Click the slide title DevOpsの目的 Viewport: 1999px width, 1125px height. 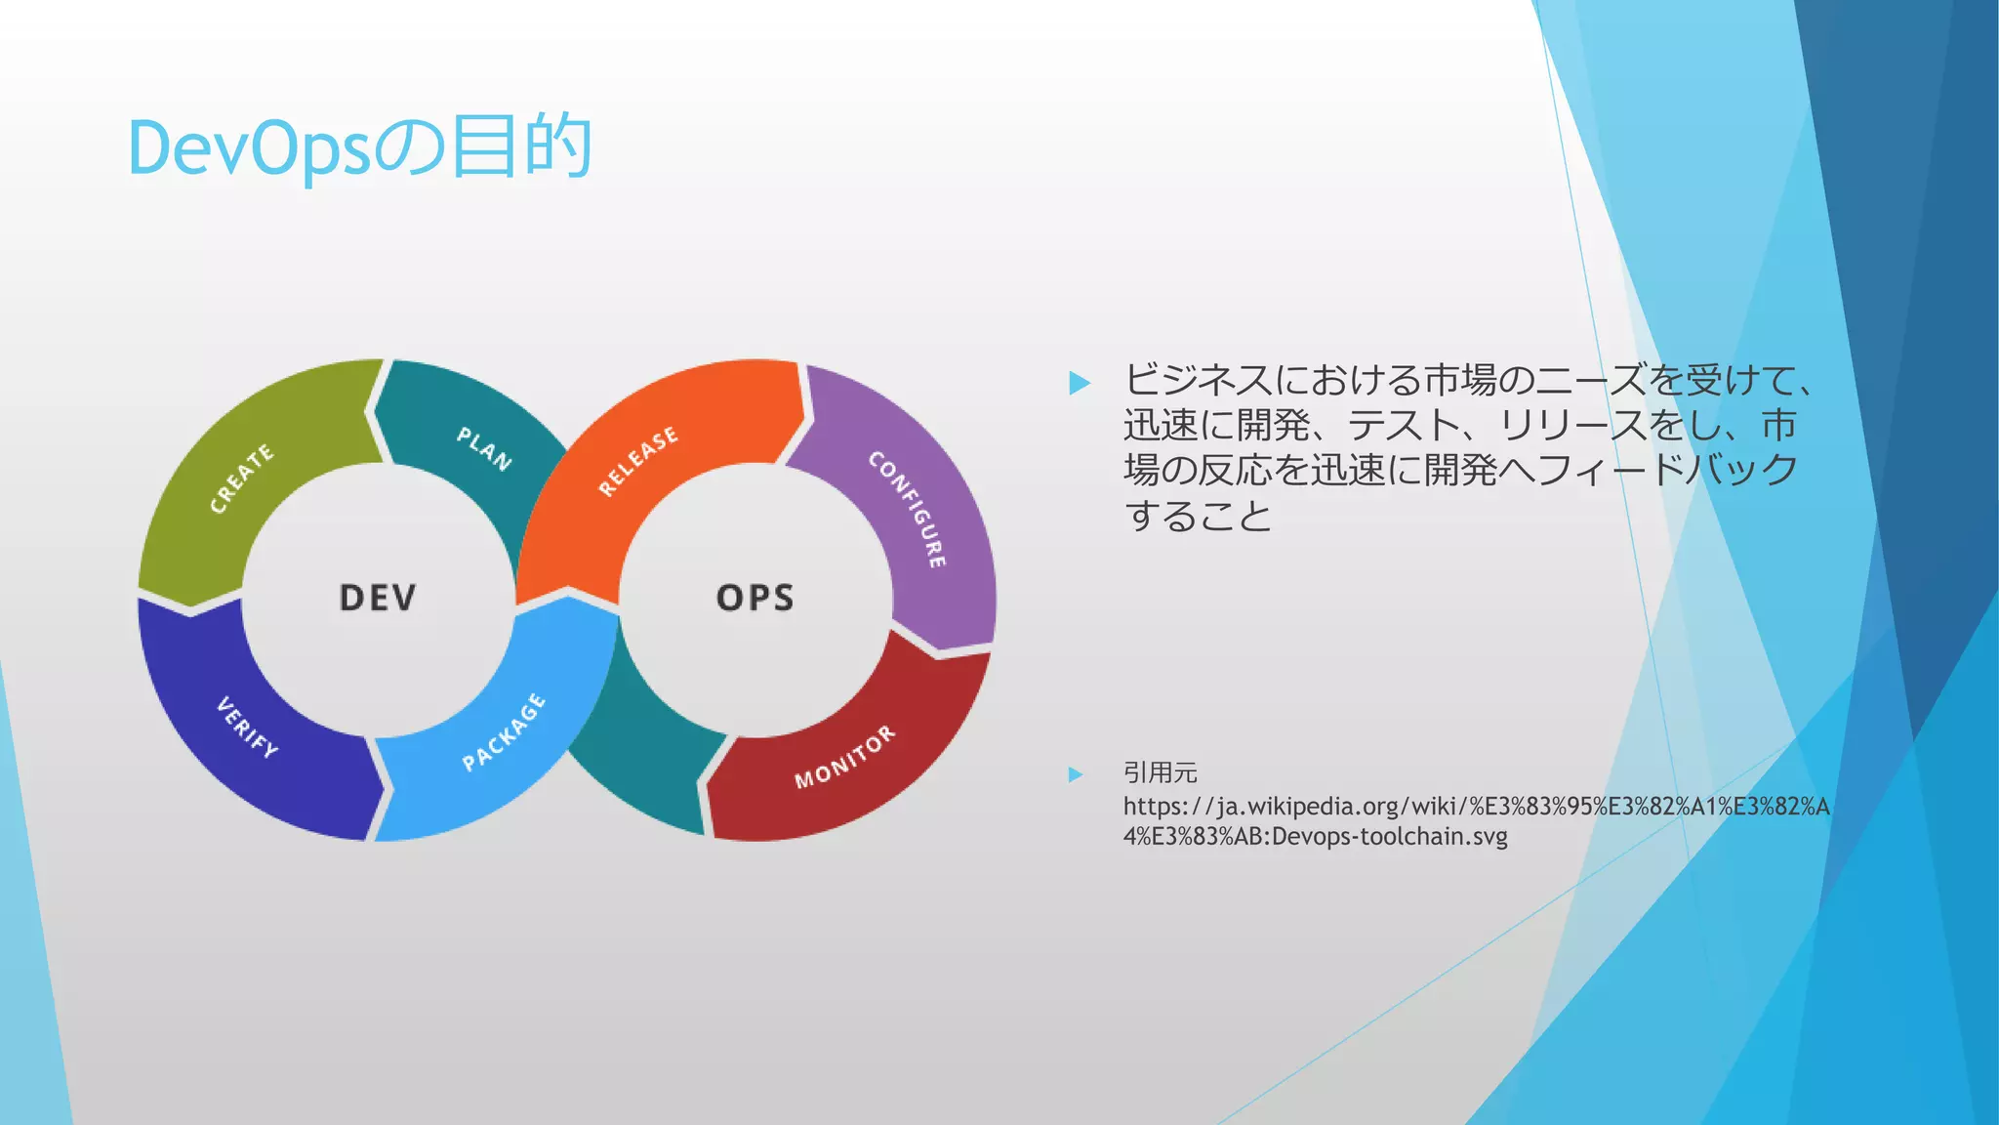[x=359, y=148]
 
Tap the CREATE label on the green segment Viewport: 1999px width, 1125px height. [x=242, y=478]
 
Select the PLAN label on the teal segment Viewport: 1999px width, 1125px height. [x=484, y=448]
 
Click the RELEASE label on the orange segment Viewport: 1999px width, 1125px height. [x=638, y=461]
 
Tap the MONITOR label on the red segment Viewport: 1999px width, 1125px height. [x=844, y=757]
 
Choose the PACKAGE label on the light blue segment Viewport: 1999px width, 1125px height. [x=504, y=731]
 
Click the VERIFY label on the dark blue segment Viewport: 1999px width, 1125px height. [x=247, y=728]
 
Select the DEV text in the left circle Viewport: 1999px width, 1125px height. [x=378, y=598]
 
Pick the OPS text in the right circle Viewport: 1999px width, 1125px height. [x=755, y=598]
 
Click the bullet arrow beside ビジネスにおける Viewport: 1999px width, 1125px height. [x=1080, y=382]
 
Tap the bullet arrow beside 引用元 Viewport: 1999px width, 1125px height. [x=1076, y=774]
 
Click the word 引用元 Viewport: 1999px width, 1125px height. [x=1160, y=772]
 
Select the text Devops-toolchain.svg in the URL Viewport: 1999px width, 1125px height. [x=1390, y=837]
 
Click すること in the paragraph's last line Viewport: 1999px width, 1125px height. [x=1199, y=515]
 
